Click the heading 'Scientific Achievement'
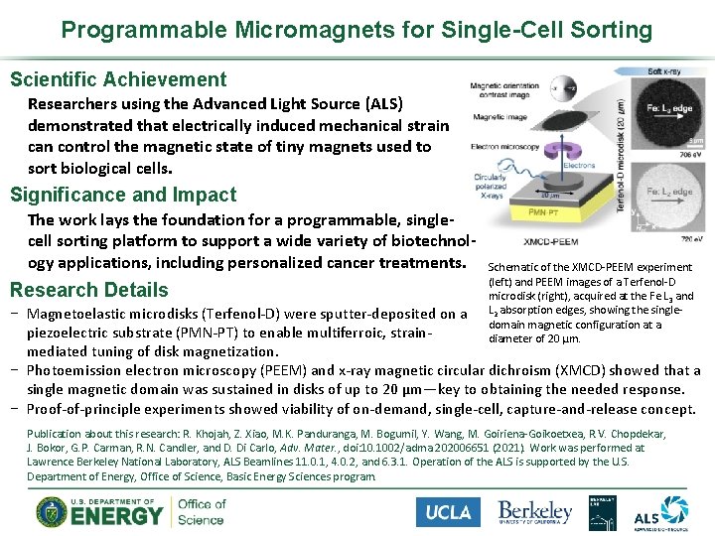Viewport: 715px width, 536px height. pyautogui.click(x=118, y=79)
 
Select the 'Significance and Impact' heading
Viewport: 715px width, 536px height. pyautogui.click(x=123, y=195)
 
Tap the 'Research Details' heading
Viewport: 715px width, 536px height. pyautogui.click(x=89, y=290)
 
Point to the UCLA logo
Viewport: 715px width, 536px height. pyautogui.click(x=448, y=512)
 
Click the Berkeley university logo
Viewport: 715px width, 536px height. pyautogui.click(x=535, y=512)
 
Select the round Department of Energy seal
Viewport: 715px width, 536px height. pyautogui.click(x=53, y=512)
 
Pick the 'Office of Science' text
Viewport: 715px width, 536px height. pyautogui.click(x=201, y=512)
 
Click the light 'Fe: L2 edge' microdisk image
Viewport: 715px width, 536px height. pyautogui.click(x=661, y=196)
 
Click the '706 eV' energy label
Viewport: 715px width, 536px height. pyautogui.click(x=691, y=156)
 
